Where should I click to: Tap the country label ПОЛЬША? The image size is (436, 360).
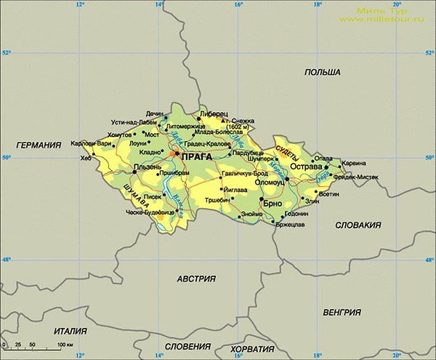pos(323,73)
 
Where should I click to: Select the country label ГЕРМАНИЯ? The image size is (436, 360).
pos(38,145)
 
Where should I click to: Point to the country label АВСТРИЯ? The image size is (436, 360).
pos(197,279)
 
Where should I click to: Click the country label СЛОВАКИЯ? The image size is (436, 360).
pos(358,225)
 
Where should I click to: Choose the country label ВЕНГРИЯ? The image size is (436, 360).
pos(342,312)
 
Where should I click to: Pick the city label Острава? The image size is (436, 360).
pos(305,167)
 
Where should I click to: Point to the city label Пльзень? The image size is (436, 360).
pos(148,167)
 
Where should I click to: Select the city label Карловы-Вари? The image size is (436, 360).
pos(91,143)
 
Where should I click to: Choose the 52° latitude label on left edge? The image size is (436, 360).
pos(6,53)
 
